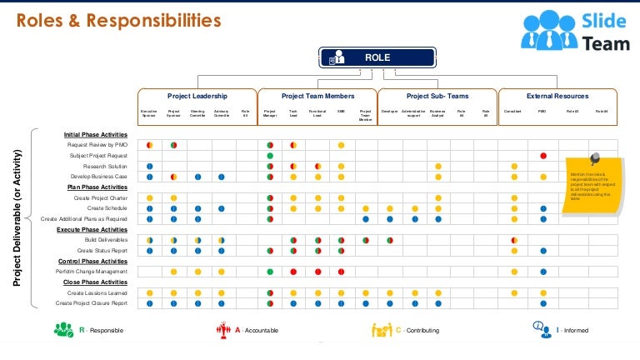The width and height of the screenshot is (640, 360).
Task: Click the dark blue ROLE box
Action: [x=377, y=57]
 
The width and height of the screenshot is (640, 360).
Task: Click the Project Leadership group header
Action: [x=197, y=97]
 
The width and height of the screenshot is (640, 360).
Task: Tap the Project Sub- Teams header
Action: [x=437, y=97]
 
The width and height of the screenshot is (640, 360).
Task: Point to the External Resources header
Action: [x=557, y=97]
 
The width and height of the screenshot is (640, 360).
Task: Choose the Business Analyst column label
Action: [x=437, y=112]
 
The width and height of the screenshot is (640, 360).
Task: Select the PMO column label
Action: [x=542, y=111]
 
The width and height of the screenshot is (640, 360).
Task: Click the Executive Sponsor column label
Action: [x=149, y=112]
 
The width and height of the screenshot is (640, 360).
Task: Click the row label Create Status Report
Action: [x=102, y=250]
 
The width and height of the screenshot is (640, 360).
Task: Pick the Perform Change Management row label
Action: [x=92, y=272]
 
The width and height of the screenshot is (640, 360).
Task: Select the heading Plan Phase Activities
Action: [x=97, y=187]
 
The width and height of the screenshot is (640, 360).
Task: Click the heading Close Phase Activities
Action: [x=96, y=282]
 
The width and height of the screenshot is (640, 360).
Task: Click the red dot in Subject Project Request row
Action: [x=542, y=156]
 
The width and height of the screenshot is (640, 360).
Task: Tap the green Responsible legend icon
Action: [x=63, y=330]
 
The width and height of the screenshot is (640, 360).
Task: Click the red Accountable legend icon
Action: [x=222, y=330]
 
